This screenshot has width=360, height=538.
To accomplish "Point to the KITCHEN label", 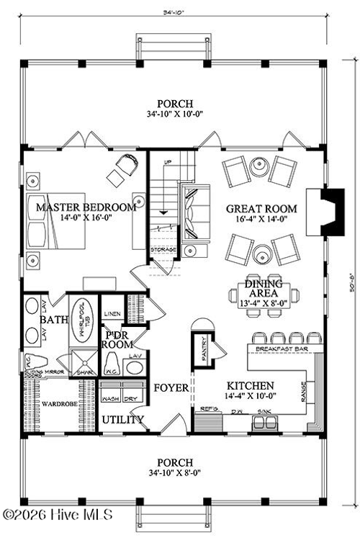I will point(250,385).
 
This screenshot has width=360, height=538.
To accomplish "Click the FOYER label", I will point(171,388).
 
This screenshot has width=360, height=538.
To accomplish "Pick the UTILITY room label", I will point(122,420).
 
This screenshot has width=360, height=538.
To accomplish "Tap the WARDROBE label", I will point(55,404).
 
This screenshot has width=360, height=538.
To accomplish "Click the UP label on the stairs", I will point(168,162).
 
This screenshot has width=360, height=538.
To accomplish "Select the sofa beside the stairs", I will point(192,212).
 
